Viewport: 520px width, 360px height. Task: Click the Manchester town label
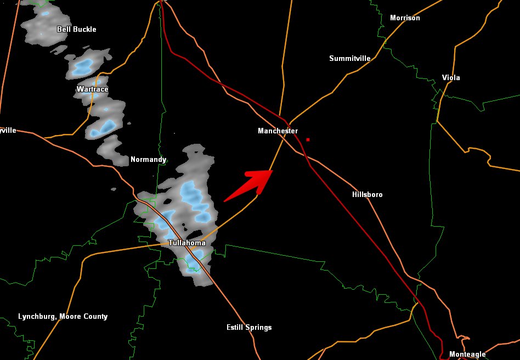[278, 131]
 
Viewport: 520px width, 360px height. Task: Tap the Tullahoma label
[187, 243]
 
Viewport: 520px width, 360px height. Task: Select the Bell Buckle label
[76, 29]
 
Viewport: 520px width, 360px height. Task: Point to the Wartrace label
[92, 89]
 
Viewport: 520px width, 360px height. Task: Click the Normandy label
[148, 160]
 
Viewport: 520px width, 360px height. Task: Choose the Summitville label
[350, 58]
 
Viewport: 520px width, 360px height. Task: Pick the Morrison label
[405, 18]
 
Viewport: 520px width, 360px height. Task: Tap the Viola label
[451, 78]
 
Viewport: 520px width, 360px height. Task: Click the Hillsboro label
[367, 195]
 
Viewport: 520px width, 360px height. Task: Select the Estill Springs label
[249, 328]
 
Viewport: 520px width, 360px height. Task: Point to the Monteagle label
[467, 355]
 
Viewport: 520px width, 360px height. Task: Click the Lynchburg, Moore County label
[63, 317]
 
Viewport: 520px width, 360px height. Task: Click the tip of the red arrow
[273, 171]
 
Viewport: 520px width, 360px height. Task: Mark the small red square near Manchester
[308, 139]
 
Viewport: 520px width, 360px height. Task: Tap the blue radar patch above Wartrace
[84, 67]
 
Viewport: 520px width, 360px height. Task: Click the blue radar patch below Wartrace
[104, 128]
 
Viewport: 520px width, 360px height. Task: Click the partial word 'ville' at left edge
[8, 131]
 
